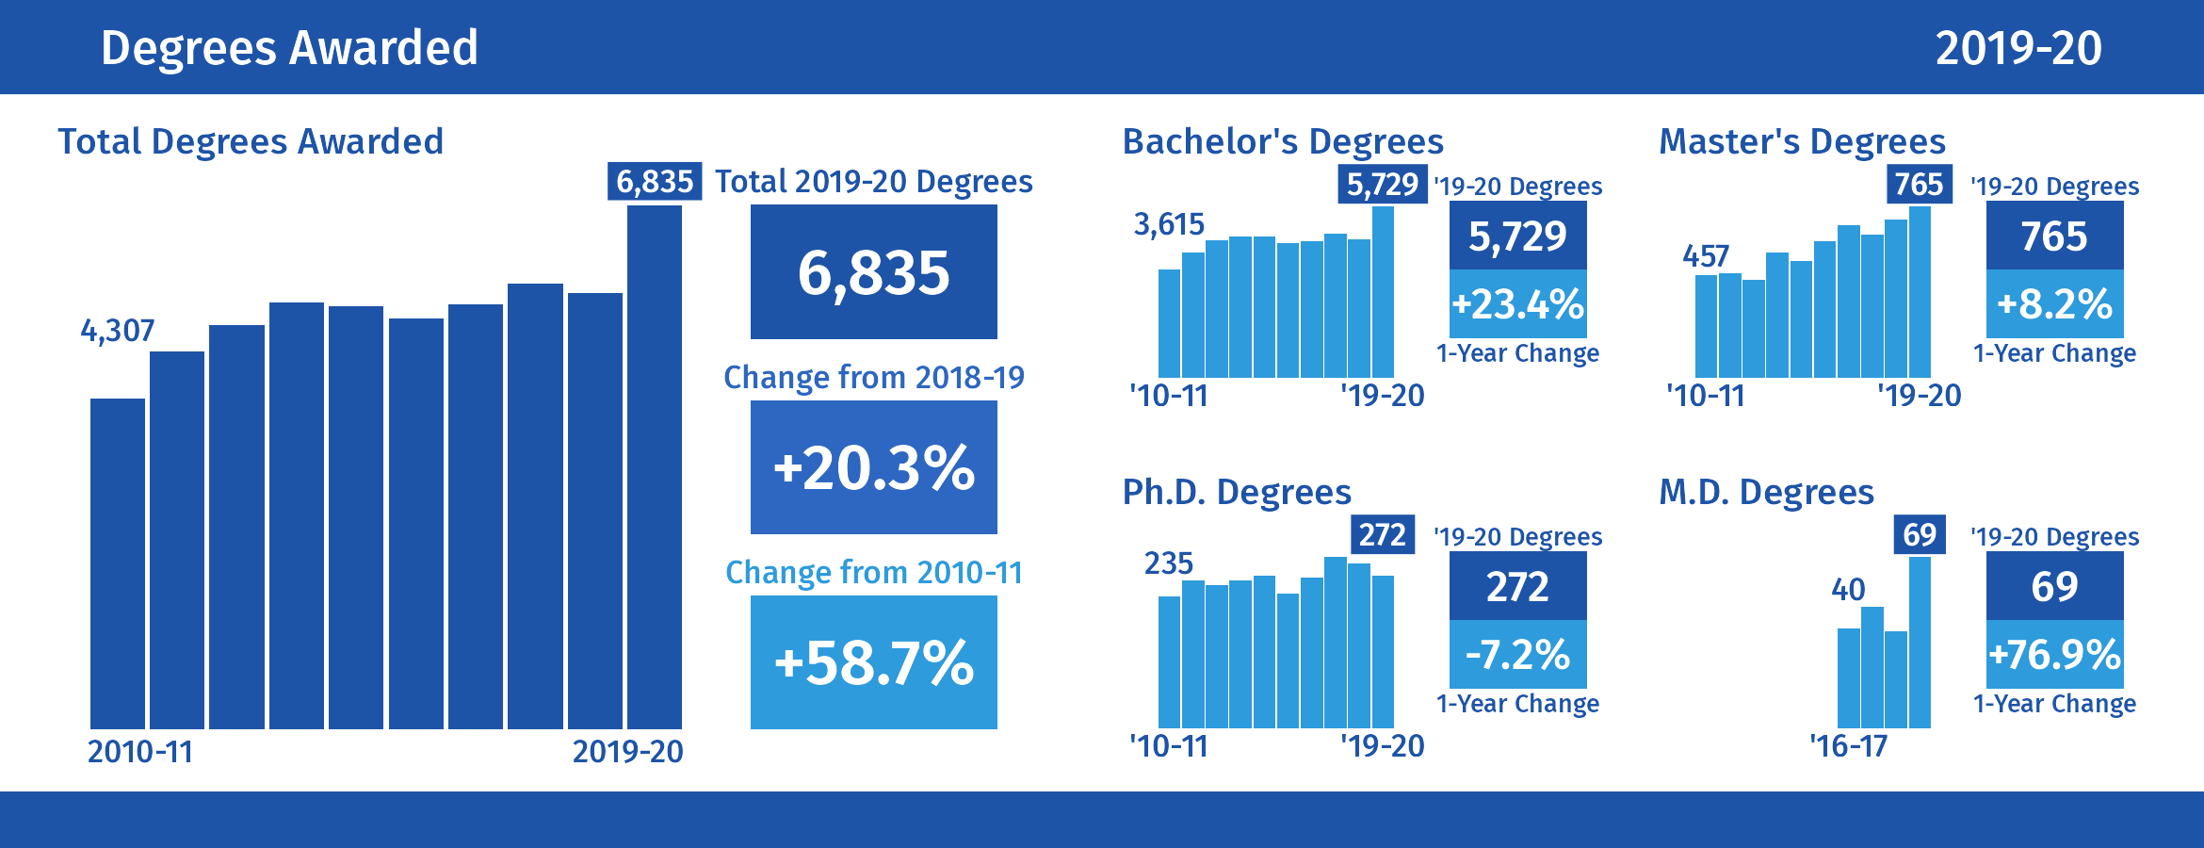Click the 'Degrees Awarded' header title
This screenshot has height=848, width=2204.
[289, 48]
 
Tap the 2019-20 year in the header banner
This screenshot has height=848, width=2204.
[2018, 48]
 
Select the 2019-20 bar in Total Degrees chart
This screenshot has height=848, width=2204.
[655, 466]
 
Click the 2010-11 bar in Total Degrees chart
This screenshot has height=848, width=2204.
[118, 563]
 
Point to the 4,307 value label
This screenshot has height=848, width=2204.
[118, 331]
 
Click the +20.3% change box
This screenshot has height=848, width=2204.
[873, 467]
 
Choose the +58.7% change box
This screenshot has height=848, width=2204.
[873, 662]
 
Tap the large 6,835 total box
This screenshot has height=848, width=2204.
[873, 272]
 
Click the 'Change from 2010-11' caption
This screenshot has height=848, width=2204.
[873, 572]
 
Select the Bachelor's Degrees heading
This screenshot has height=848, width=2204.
[1283, 141]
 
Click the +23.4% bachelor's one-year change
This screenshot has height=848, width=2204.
[1517, 304]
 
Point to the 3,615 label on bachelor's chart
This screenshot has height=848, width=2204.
[1169, 224]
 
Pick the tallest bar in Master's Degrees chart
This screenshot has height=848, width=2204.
[1920, 292]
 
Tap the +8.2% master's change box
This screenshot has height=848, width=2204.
[2054, 304]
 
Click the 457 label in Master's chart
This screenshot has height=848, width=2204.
[1706, 256]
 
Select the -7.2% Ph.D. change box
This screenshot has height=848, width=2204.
[1517, 655]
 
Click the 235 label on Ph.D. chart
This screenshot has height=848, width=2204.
[1169, 563]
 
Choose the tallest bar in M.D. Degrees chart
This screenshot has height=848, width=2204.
[1920, 643]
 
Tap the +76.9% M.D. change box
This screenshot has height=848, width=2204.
[2054, 655]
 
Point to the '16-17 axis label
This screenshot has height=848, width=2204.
[1849, 746]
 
